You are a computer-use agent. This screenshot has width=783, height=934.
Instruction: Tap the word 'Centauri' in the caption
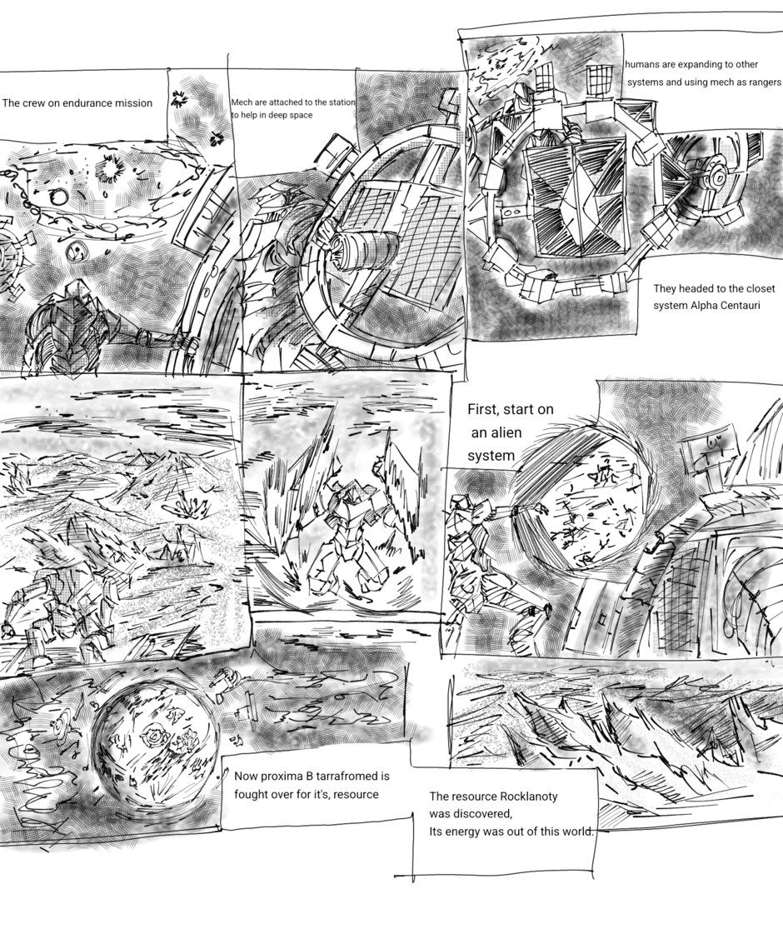point(738,306)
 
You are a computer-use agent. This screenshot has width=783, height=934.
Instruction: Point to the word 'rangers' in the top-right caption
point(761,82)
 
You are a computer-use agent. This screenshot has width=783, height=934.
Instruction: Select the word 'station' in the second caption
point(342,102)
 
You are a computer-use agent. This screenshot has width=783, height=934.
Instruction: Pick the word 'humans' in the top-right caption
point(642,64)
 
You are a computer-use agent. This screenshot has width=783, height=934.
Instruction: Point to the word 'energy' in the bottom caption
point(465,832)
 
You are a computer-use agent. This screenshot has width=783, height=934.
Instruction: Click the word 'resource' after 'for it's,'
point(356,795)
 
